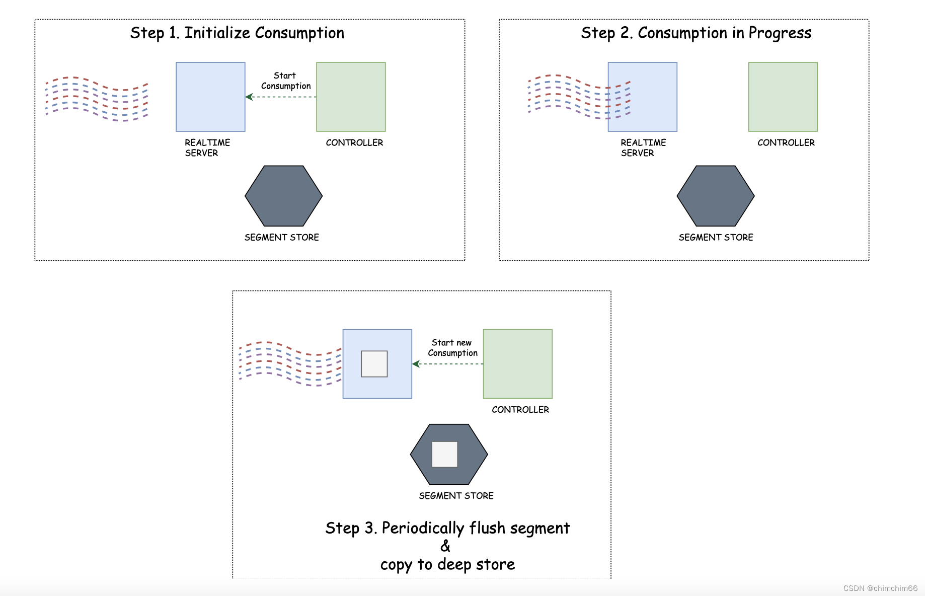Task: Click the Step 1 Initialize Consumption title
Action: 237,33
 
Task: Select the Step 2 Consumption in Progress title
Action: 696,33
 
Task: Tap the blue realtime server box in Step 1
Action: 210,97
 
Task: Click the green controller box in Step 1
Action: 351,97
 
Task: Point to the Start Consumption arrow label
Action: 285,81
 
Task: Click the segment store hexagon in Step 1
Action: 283,196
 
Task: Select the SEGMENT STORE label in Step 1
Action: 282,238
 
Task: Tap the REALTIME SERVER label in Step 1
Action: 207,148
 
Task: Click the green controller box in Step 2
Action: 783,97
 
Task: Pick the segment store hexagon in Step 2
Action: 715,196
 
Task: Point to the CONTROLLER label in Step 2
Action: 786,143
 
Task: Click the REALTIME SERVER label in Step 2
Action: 643,148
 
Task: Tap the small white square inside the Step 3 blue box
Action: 374,364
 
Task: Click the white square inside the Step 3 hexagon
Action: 445,455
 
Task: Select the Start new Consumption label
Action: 452,348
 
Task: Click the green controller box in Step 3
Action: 517,364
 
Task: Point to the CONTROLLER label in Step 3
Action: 520,410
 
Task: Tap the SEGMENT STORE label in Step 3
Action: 456,496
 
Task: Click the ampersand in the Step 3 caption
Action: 445,546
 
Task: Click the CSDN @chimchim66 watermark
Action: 880,588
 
